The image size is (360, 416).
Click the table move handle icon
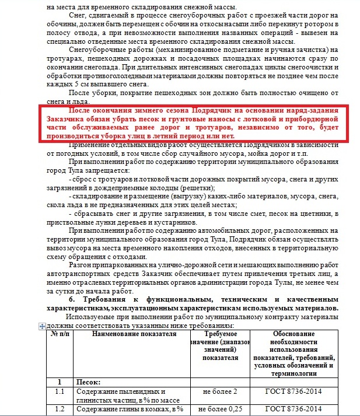41,327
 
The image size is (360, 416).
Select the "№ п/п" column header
58,334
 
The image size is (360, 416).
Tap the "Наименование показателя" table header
134,334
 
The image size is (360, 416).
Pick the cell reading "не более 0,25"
220,408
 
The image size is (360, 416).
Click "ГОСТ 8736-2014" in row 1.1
293,391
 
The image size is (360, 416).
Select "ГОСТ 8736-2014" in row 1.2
293,408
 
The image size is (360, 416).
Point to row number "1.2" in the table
58,408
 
